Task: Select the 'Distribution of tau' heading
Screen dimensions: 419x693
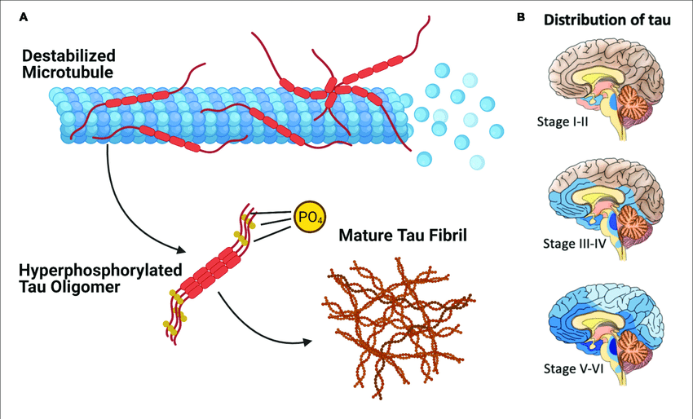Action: (x=607, y=21)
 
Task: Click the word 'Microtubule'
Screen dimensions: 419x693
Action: (x=58, y=71)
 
